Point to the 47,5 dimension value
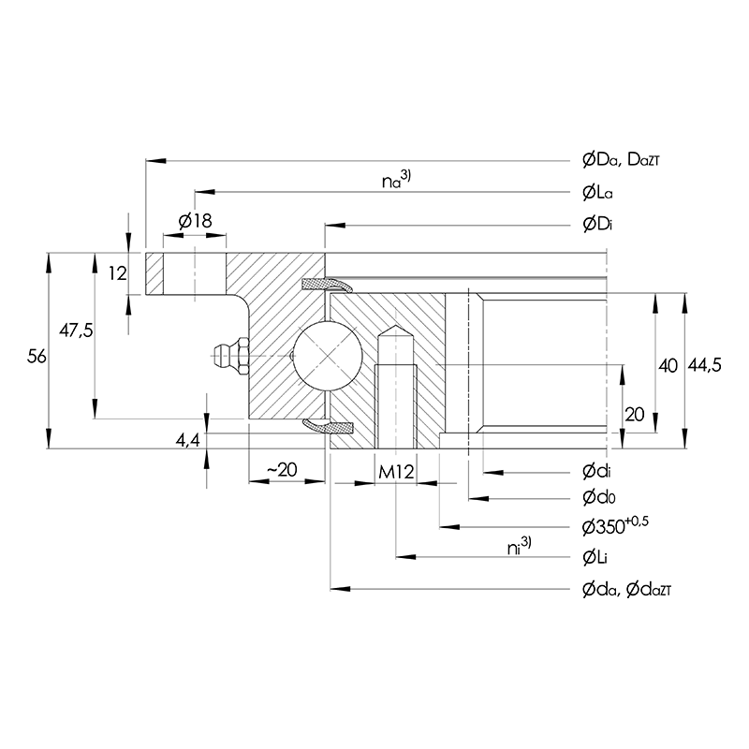[77, 330]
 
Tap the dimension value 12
[116, 273]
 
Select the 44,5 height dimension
[703, 366]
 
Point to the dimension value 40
[667, 366]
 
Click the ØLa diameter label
[597, 193]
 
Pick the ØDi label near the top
[596, 225]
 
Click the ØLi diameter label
[595, 557]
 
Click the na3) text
[396, 180]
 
